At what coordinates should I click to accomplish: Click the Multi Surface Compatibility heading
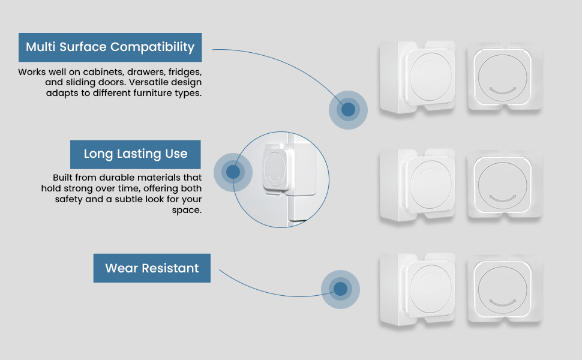point(110,47)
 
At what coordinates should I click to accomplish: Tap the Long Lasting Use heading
point(136,154)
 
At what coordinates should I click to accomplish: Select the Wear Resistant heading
point(152,268)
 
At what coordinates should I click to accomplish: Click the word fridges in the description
point(185,72)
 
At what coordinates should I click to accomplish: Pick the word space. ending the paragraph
point(187,211)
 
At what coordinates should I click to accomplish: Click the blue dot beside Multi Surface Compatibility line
point(348,110)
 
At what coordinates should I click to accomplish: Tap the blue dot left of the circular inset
point(233,172)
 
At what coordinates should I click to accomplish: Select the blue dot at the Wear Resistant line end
point(340,289)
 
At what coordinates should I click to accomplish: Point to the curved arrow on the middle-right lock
point(503,199)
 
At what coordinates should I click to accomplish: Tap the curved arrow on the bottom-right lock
point(503,303)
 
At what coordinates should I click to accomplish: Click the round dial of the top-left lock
point(431,76)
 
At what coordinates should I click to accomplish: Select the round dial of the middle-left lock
point(431,184)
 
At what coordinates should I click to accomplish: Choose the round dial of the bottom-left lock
point(431,289)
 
